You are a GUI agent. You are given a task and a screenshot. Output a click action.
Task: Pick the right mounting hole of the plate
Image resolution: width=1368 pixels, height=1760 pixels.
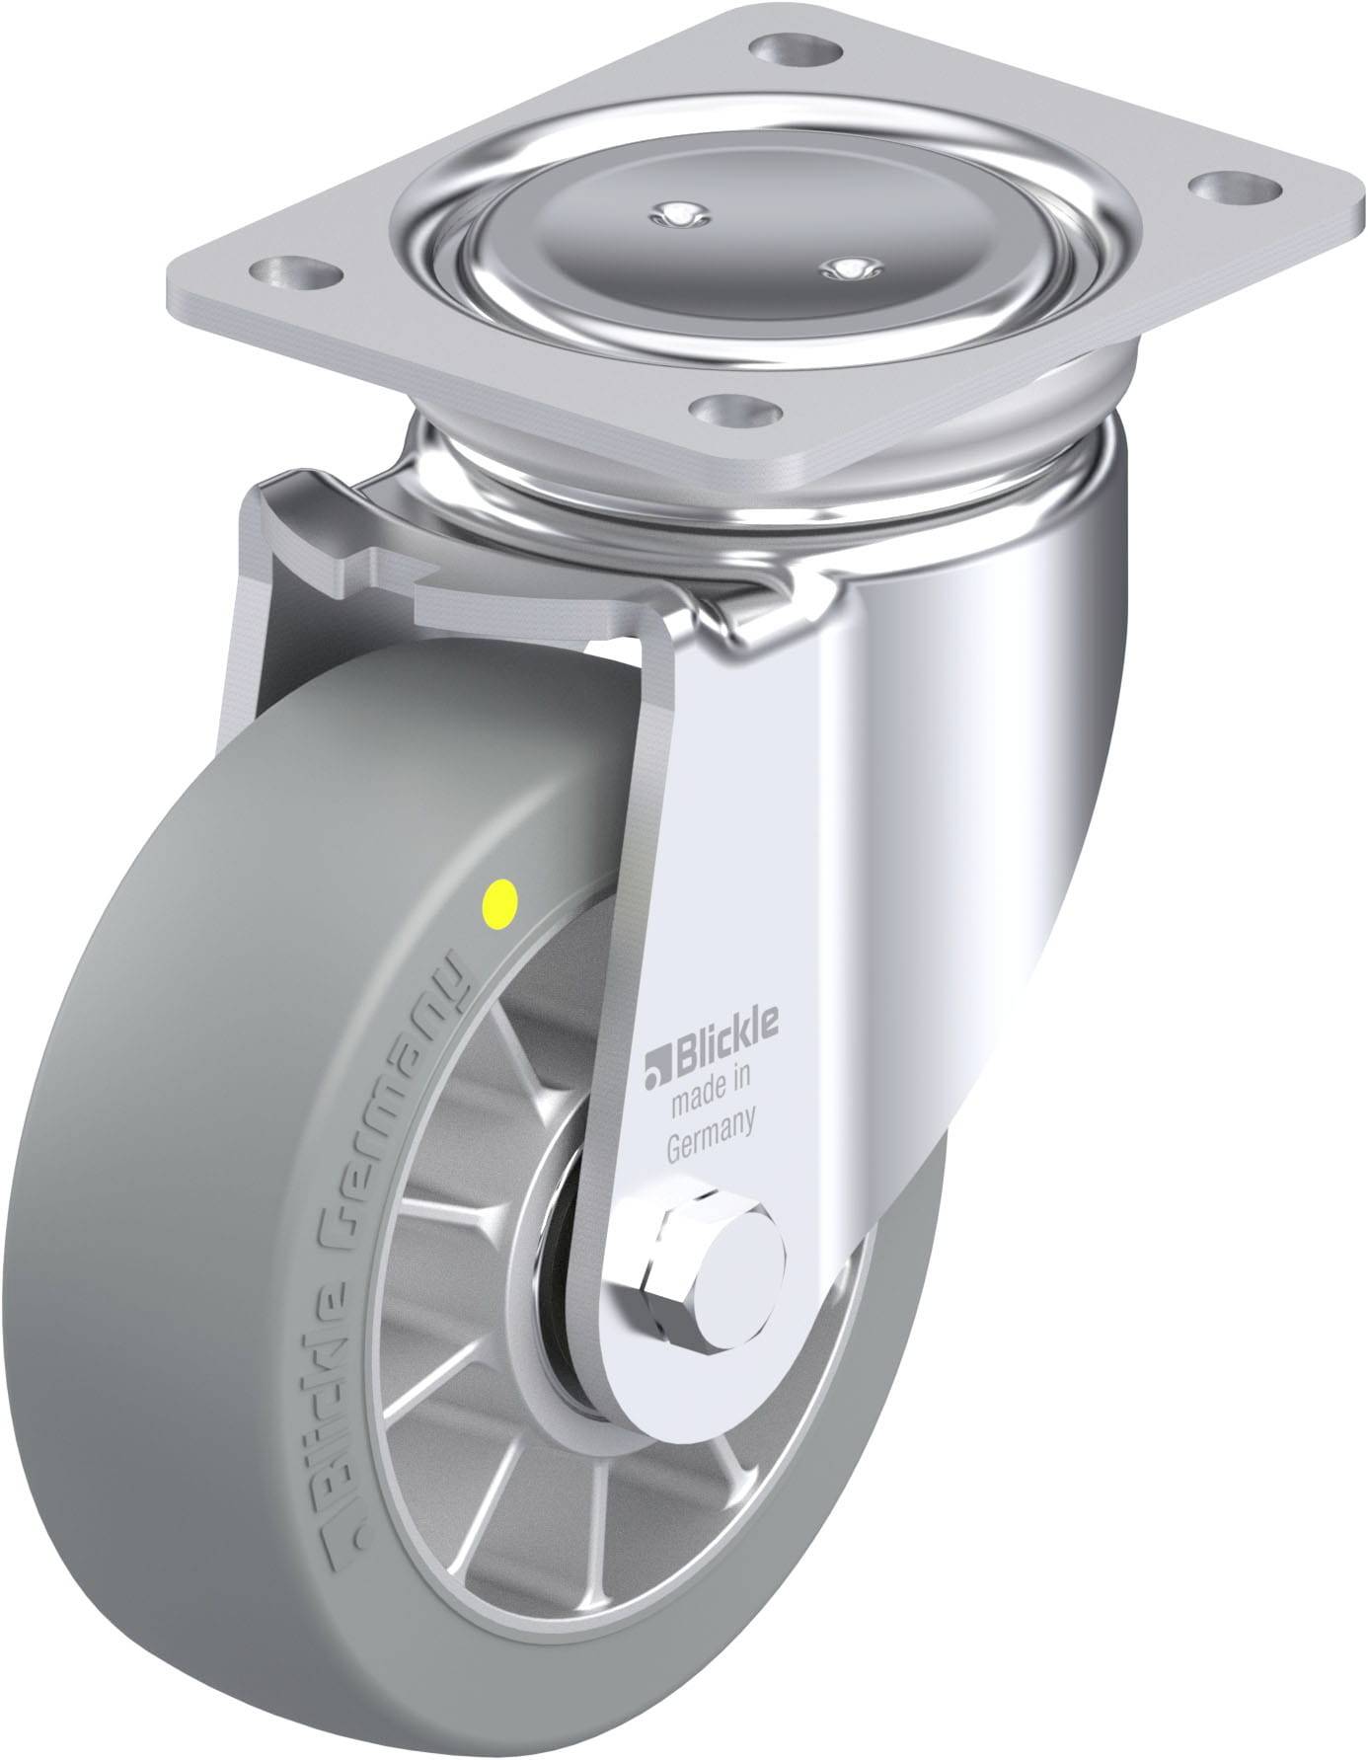pyautogui.click(x=1218, y=186)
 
